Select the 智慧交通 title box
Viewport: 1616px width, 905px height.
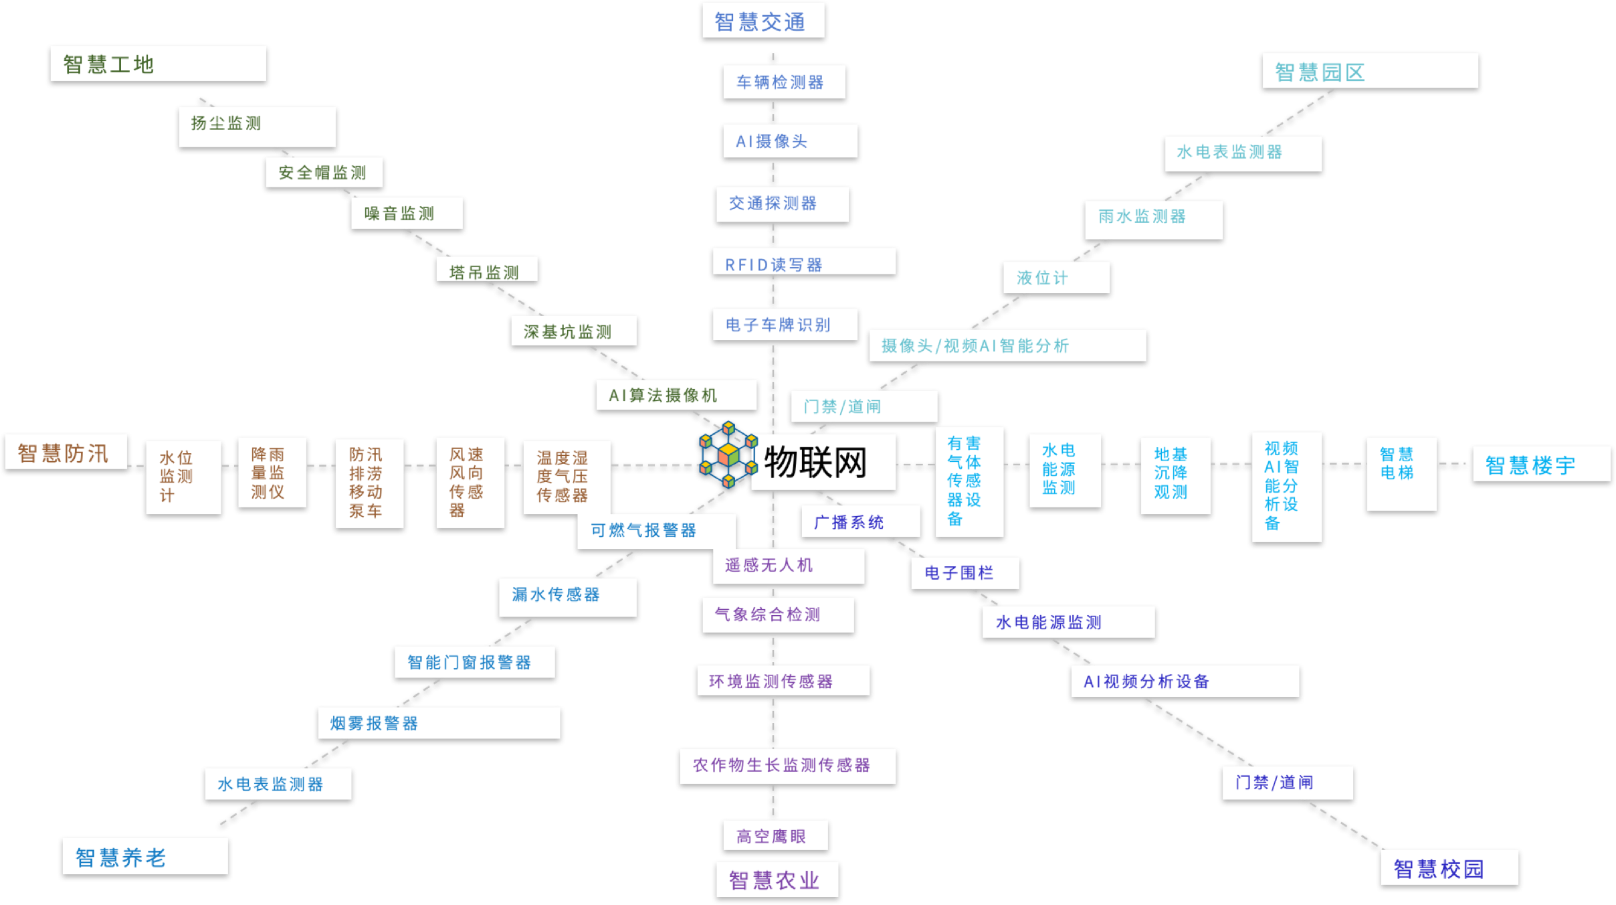coord(763,22)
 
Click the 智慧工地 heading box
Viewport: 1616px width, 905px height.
coord(158,65)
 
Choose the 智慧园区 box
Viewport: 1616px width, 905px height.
coord(1369,72)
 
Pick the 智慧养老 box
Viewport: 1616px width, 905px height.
coord(144,857)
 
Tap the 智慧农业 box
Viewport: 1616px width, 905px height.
coord(777,880)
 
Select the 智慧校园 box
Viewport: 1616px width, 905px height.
coord(1449,869)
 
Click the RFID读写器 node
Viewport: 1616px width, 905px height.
coord(803,264)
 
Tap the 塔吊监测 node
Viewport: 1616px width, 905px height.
coord(486,272)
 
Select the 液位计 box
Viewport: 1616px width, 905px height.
coord(1055,278)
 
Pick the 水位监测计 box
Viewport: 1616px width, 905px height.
coord(182,477)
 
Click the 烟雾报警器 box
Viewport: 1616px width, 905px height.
coord(439,723)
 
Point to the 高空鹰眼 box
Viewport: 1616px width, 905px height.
coord(775,836)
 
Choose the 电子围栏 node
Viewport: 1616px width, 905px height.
coord(964,573)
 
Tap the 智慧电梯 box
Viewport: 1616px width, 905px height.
coord(1401,474)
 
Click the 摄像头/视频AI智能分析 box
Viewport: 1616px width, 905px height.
coord(1007,346)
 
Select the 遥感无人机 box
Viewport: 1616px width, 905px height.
coord(788,566)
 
